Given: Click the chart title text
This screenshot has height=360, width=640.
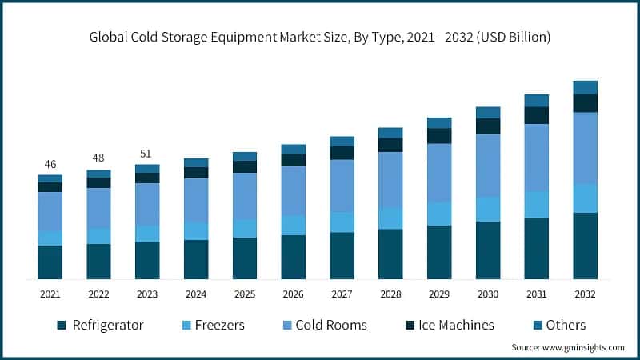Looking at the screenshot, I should point(320,37).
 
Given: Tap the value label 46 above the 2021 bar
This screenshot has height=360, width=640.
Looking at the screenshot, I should point(50,164).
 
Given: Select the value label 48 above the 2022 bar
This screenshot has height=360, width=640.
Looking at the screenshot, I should point(98,158).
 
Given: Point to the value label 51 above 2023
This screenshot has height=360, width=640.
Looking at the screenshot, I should point(147,154).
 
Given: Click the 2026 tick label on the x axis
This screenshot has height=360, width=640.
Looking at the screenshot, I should point(294,294).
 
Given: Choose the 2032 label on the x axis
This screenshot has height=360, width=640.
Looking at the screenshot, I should point(586,294).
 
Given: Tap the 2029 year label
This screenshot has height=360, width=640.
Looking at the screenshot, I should point(439,294).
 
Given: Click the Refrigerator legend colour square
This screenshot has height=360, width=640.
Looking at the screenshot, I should point(61,326).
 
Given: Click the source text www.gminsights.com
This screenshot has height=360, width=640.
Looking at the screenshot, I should point(568,347).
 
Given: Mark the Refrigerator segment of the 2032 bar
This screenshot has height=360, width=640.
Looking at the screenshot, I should point(586,246).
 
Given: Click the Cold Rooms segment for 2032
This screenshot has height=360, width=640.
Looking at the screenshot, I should point(586,148).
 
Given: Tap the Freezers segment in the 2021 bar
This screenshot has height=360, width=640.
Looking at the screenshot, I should point(50,238).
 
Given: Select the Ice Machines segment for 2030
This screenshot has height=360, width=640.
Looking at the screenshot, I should point(488,126).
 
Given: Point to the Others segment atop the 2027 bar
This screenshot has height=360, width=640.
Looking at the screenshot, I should point(342,142).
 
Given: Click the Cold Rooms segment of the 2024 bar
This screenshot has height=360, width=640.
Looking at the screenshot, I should point(196,200).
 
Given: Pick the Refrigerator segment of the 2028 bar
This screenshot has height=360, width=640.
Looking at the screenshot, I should point(390,254).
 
